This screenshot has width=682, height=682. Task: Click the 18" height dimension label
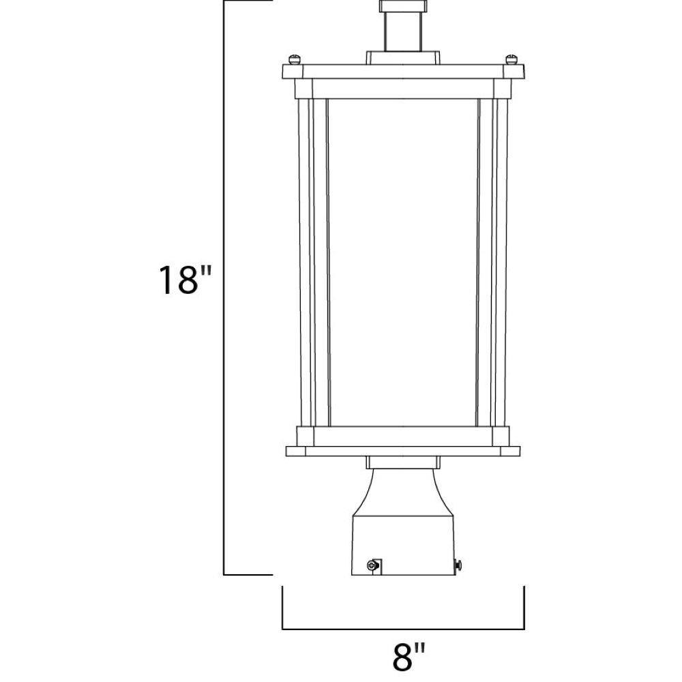[185, 280]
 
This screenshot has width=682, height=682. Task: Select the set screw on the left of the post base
[372, 565]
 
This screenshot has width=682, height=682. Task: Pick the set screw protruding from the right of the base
[458, 565]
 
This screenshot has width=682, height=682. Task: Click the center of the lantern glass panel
[403, 263]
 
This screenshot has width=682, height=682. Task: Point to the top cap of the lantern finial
[403, 6]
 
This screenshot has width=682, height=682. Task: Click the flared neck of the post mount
[403, 492]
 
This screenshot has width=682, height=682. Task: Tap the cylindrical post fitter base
[403, 546]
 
